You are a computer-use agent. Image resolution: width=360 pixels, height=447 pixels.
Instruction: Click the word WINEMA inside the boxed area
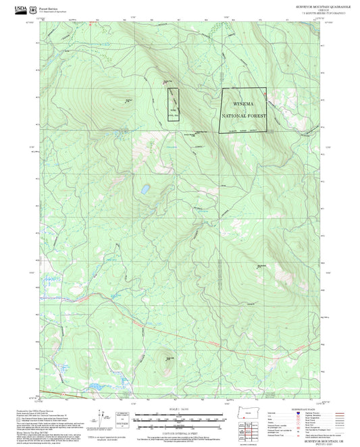[x=244, y=105]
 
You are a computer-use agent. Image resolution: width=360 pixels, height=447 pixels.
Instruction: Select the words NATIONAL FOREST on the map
[x=244, y=115]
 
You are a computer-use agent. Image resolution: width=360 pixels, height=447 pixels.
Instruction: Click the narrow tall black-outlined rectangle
[x=173, y=105]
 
